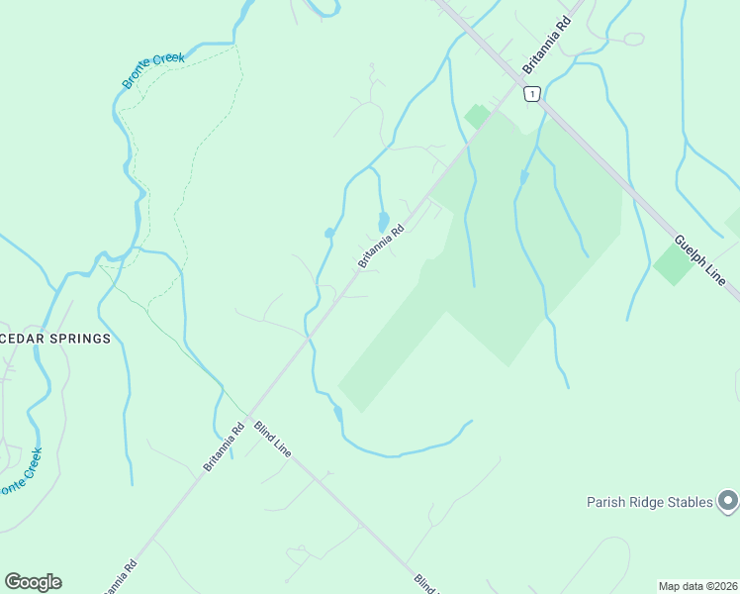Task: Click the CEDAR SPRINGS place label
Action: tap(54, 338)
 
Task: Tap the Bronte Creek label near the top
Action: tap(153, 71)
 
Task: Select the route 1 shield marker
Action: tap(532, 94)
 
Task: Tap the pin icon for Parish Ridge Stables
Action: tap(728, 502)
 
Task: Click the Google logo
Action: tap(33, 582)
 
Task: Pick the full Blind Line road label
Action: tap(272, 439)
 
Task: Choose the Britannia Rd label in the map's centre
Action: tap(381, 247)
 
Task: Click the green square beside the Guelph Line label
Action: tap(674, 264)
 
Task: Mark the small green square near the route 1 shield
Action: tap(478, 116)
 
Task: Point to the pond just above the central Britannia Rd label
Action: tap(383, 221)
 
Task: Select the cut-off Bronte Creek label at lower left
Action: tap(20, 473)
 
